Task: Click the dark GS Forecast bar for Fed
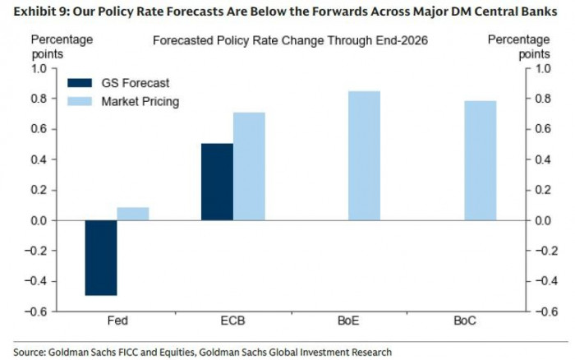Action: tap(101, 257)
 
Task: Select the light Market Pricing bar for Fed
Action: tap(133, 214)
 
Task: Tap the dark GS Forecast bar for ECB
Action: tap(217, 182)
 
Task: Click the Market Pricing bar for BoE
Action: tap(364, 155)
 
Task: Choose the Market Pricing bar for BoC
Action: tap(479, 160)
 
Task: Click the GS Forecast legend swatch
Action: tap(80, 83)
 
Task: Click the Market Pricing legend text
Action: tap(140, 102)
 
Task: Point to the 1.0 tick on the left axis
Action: tap(39, 69)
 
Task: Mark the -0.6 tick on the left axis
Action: tap(37, 312)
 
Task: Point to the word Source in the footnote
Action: tap(30, 352)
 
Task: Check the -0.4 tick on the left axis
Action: tap(37, 281)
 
